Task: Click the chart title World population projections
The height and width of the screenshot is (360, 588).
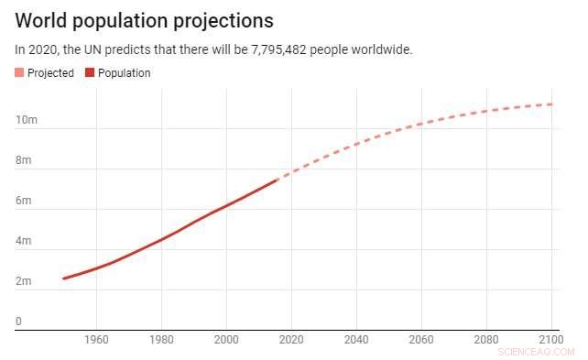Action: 144,20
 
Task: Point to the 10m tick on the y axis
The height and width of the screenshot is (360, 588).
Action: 25,121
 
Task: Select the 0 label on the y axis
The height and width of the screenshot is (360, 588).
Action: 18,322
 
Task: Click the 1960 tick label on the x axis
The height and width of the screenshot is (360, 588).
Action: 96,340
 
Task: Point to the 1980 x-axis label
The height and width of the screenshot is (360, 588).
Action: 161,340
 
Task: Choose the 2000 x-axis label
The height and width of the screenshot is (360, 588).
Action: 226,340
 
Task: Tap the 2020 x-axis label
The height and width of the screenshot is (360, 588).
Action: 291,340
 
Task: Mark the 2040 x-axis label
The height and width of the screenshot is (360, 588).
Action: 356,340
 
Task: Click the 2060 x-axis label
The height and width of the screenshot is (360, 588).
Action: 421,340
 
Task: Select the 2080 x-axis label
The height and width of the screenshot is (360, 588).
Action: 486,340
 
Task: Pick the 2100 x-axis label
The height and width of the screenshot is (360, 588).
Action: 550,340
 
